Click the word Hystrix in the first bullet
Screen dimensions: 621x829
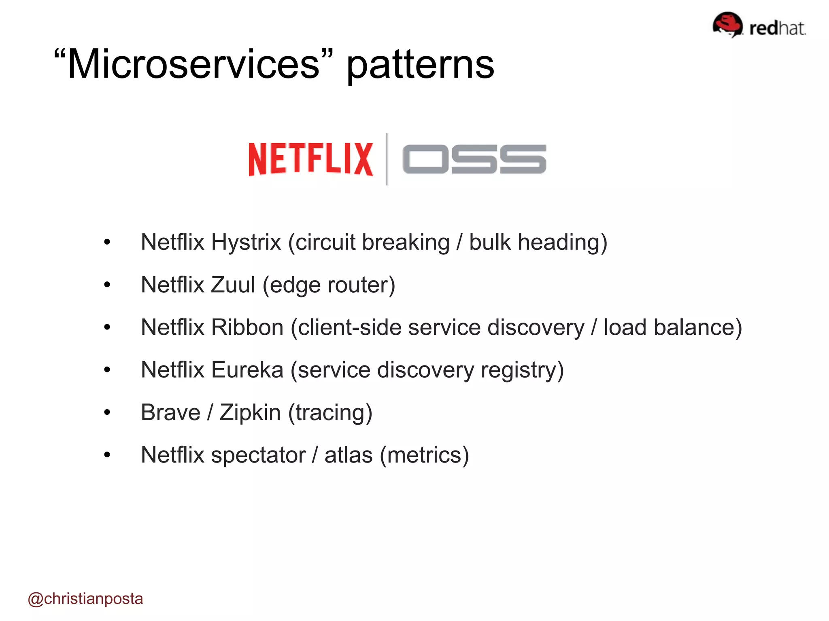coord(246,243)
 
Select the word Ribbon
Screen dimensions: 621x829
coord(247,327)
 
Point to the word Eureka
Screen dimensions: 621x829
coord(247,370)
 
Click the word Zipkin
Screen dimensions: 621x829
coord(250,413)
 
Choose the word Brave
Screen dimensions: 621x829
coord(170,413)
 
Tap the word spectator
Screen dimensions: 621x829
coord(258,456)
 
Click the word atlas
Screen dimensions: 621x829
coord(348,456)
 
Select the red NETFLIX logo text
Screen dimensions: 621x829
coord(310,159)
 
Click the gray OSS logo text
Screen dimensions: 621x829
coord(474,159)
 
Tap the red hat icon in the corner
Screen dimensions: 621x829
coord(727,24)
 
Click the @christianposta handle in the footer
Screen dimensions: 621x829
coord(85,599)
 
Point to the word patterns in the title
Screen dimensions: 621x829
coord(420,65)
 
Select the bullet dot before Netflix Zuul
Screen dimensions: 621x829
coord(107,285)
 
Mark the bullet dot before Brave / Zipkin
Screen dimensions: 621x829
coord(107,413)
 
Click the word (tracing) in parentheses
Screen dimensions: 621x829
coord(330,413)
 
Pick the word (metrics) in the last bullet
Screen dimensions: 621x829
coord(424,456)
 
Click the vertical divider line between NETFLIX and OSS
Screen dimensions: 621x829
coord(387,159)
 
